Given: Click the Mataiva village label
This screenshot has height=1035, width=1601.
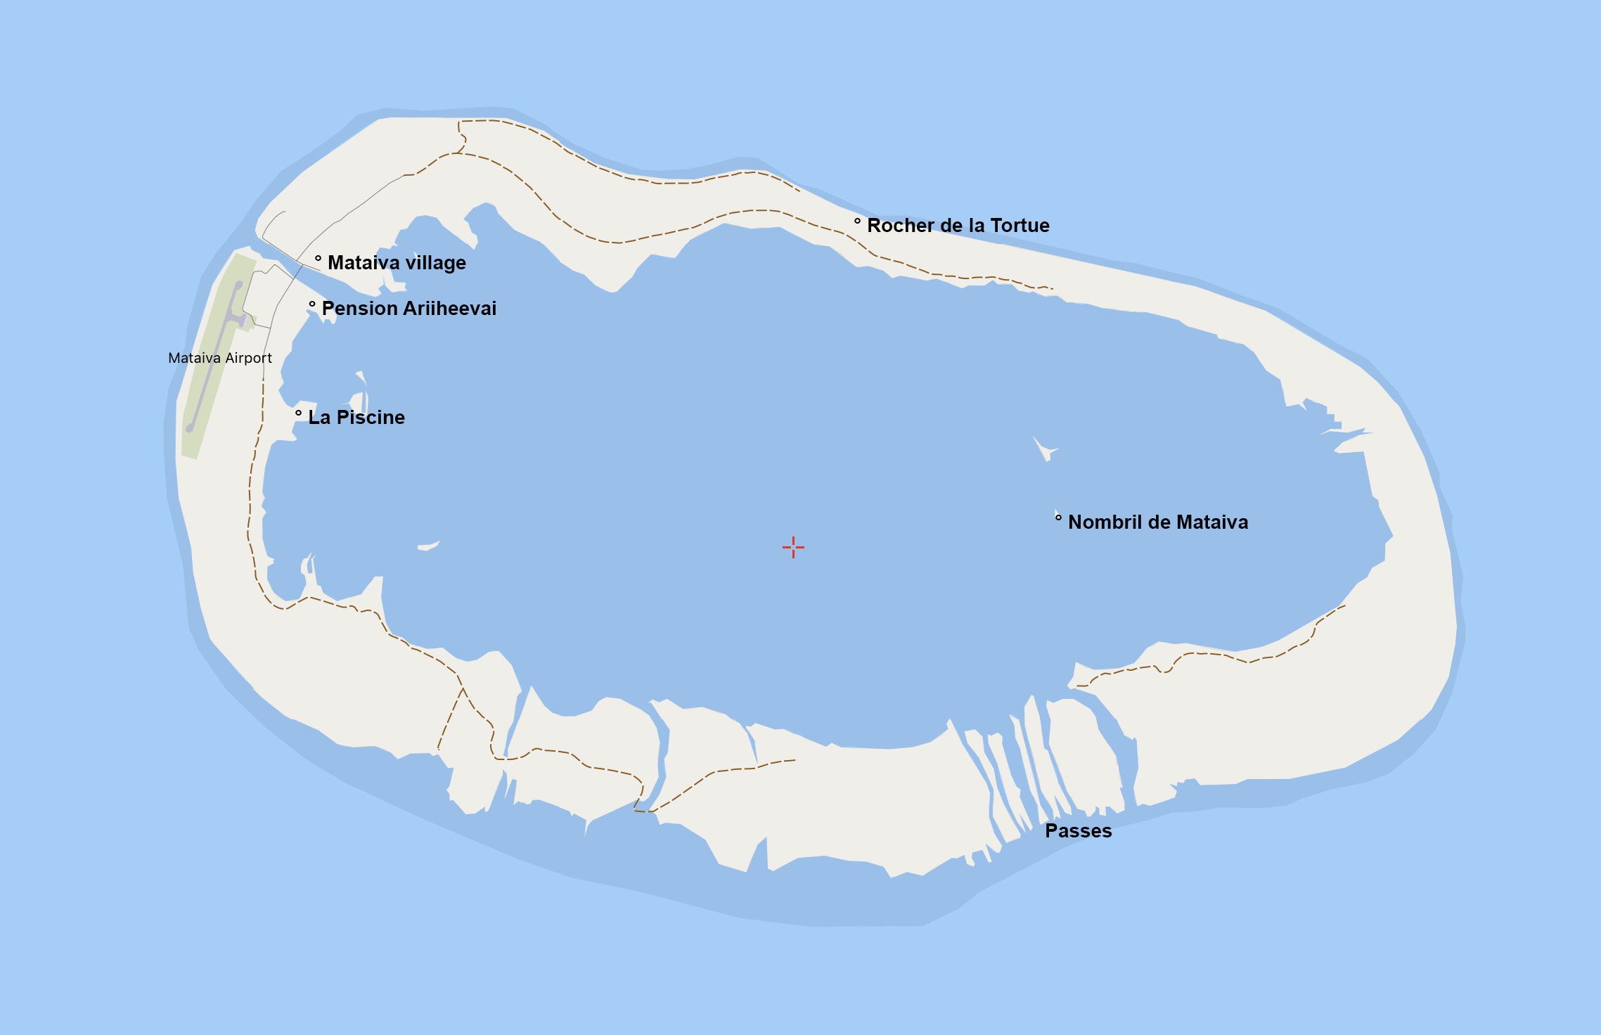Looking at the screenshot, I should click(x=397, y=263).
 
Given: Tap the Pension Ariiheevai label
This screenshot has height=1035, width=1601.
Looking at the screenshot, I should click(x=409, y=309).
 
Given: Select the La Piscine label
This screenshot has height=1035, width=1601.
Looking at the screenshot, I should click(x=356, y=418).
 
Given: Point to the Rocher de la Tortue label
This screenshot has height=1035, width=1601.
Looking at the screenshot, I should click(x=958, y=226).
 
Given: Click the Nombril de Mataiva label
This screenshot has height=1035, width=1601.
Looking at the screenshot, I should click(x=1157, y=522).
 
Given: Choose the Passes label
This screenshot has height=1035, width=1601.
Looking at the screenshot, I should click(x=1078, y=831).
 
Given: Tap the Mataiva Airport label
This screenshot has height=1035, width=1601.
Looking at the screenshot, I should click(x=220, y=358).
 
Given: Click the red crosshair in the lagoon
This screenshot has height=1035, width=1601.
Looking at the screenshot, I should click(x=793, y=547).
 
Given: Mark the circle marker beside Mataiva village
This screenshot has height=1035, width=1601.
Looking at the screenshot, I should click(x=318, y=259).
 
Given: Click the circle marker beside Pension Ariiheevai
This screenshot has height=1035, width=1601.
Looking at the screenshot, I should click(x=312, y=304).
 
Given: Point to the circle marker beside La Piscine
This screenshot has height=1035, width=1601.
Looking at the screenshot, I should click(x=298, y=413).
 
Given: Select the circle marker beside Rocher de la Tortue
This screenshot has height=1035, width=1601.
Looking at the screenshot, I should click(x=857, y=221).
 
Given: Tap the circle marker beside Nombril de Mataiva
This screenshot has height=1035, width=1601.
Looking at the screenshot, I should click(x=1058, y=518).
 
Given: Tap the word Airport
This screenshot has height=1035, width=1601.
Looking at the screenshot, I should click(x=247, y=358).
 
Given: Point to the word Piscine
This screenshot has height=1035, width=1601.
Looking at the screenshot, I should click(x=371, y=418).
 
